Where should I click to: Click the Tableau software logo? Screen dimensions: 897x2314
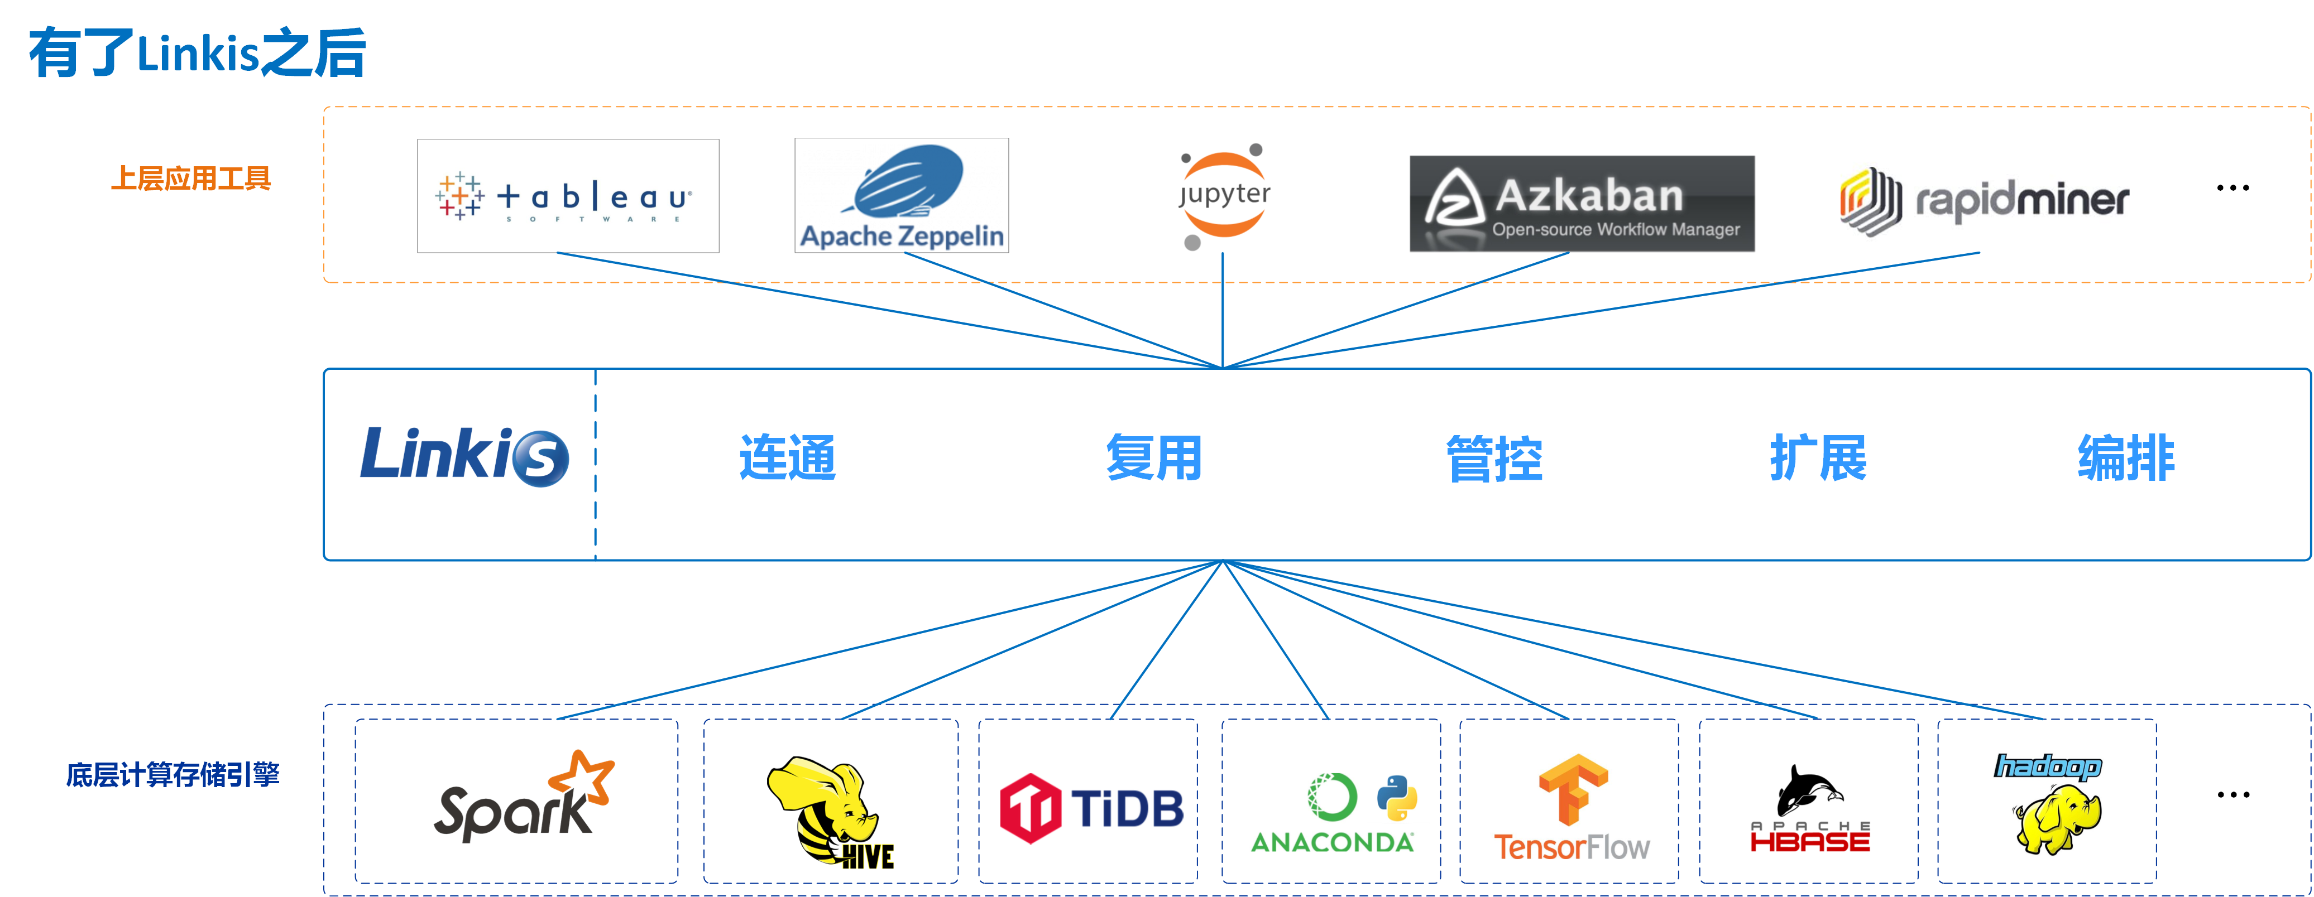568,196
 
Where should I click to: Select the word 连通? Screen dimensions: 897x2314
787,458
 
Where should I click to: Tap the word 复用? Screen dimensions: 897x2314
1153,458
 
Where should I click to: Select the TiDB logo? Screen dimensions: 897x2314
1091,808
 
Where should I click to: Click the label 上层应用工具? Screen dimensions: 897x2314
190,179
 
